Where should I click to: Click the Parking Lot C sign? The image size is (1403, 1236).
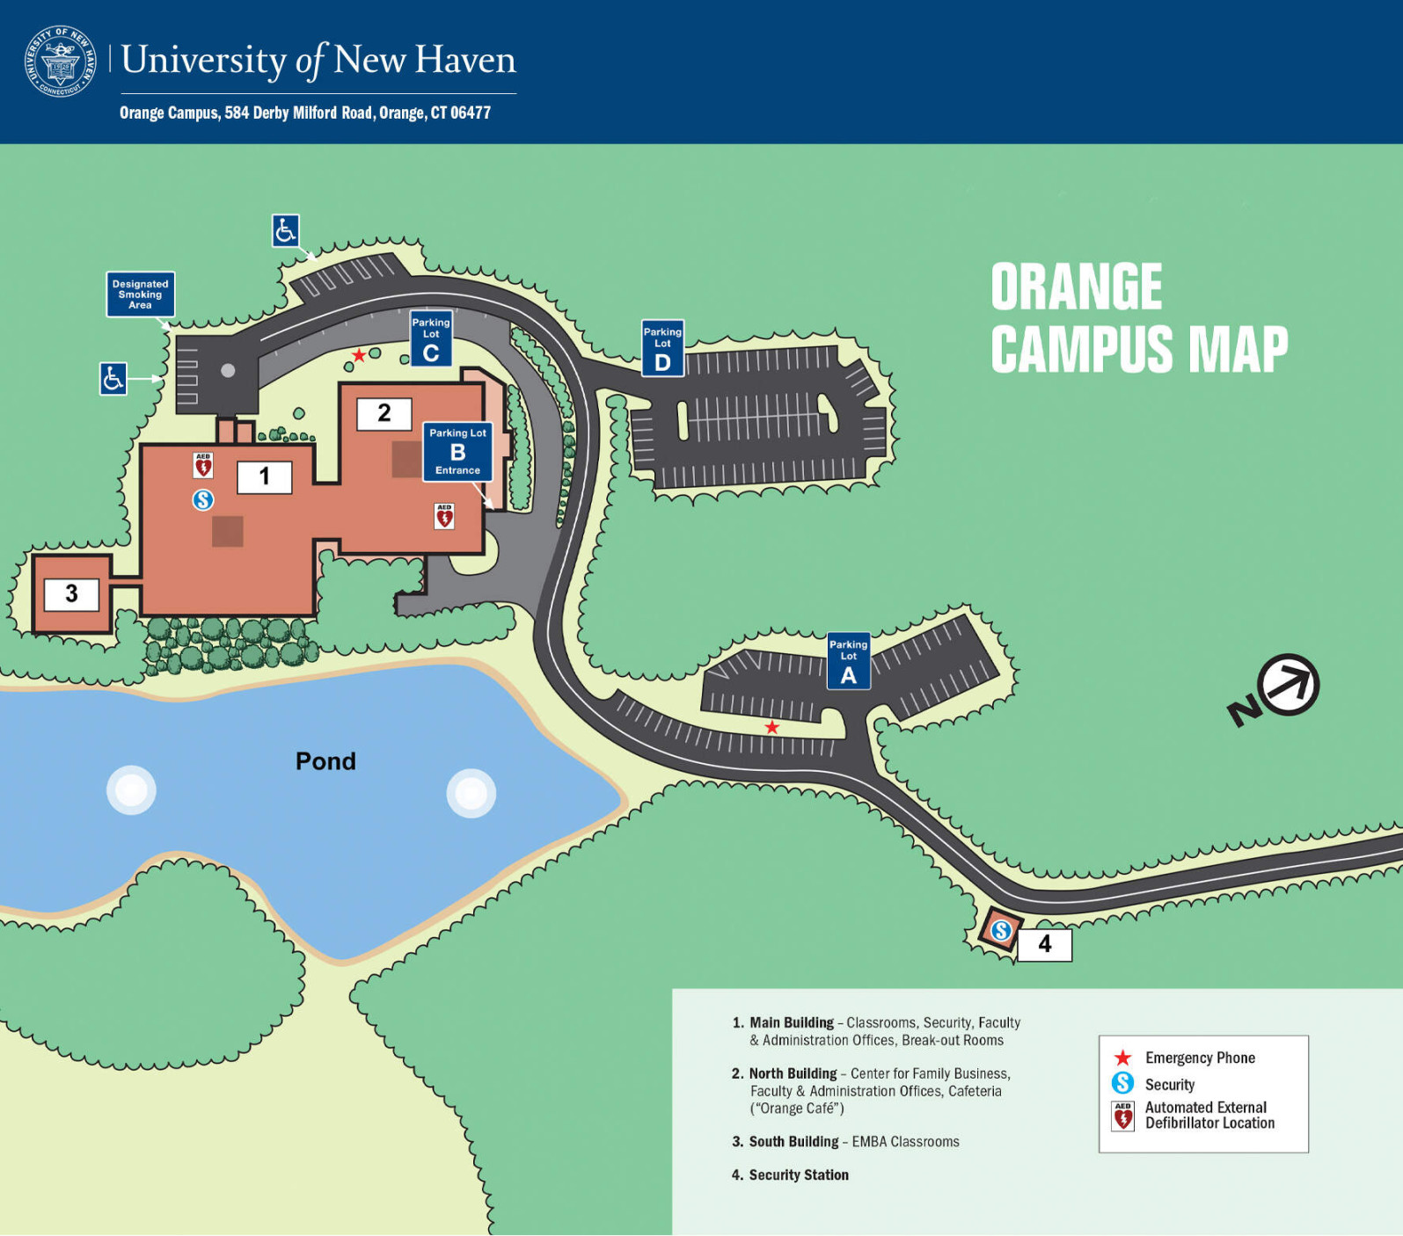(x=431, y=338)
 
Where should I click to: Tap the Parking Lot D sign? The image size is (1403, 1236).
(x=662, y=348)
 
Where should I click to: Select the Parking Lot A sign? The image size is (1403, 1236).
(x=848, y=661)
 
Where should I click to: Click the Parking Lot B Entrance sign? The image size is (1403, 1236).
(x=457, y=452)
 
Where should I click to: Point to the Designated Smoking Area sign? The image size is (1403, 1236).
(x=141, y=294)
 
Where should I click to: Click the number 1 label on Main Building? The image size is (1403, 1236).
(x=264, y=476)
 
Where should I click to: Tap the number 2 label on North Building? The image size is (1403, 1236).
(x=384, y=413)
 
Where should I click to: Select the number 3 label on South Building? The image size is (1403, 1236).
(x=71, y=594)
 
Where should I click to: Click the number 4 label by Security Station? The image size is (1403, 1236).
(x=1044, y=945)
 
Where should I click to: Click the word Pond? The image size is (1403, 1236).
(x=325, y=761)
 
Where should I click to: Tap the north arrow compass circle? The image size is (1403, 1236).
(x=1288, y=685)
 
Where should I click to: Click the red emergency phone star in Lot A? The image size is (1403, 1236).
(x=771, y=727)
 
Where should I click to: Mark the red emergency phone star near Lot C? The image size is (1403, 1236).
(x=359, y=355)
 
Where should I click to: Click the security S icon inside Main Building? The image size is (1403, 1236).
(x=203, y=500)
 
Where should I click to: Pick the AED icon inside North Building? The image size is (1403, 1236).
(x=444, y=516)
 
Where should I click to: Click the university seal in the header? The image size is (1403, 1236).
(x=61, y=61)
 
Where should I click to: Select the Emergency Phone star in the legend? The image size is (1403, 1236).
(x=1122, y=1058)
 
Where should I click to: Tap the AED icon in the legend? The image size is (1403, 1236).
(x=1122, y=1116)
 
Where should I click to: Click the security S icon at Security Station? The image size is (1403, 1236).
(x=1001, y=930)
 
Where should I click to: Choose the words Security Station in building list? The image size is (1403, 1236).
(x=798, y=1175)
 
